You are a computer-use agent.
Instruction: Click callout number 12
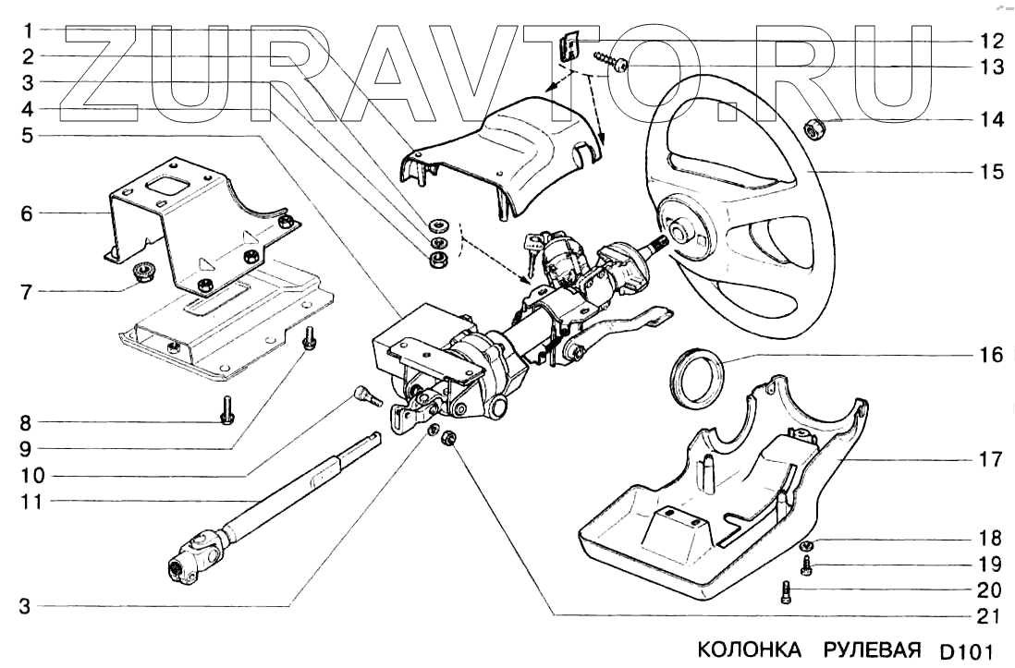990,41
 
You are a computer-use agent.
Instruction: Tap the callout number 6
27,214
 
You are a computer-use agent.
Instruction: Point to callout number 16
990,355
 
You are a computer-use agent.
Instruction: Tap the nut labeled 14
816,130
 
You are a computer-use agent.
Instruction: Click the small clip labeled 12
570,45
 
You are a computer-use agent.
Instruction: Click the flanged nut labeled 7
144,272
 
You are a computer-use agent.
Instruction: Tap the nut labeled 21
450,440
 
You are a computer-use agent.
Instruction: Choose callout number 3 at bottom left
27,607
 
